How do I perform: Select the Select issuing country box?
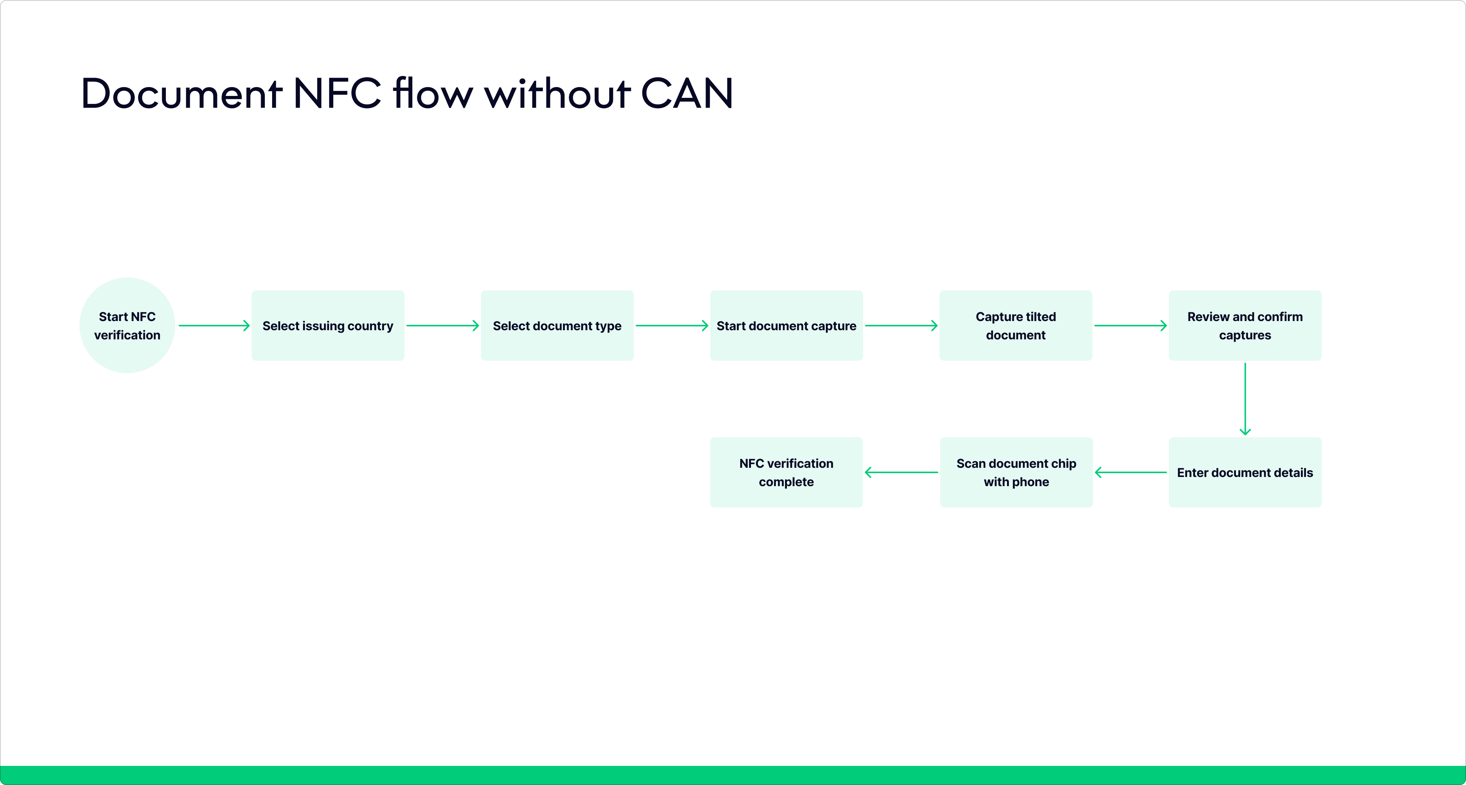[x=328, y=326]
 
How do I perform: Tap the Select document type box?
[x=557, y=326]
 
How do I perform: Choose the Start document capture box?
[x=787, y=326]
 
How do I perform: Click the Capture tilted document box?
[x=1016, y=326]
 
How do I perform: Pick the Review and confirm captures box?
[x=1245, y=326]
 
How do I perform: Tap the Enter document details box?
[x=1245, y=472]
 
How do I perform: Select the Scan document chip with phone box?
[x=1017, y=472]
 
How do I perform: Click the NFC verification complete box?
[x=787, y=472]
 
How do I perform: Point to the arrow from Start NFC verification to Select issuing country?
[x=214, y=326]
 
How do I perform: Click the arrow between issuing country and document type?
[x=443, y=326]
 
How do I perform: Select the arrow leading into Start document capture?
[x=672, y=326]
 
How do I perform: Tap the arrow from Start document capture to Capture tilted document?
[x=902, y=326]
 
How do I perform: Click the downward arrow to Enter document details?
[x=1245, y=399]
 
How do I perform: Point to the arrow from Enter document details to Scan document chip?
[x=1131, y=472]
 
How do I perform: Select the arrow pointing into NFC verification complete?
[x=902, y=472]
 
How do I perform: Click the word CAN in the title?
[x=687, y=94]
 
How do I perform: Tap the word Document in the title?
[x=182, y=94]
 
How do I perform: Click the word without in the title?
[x=557, y=94]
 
